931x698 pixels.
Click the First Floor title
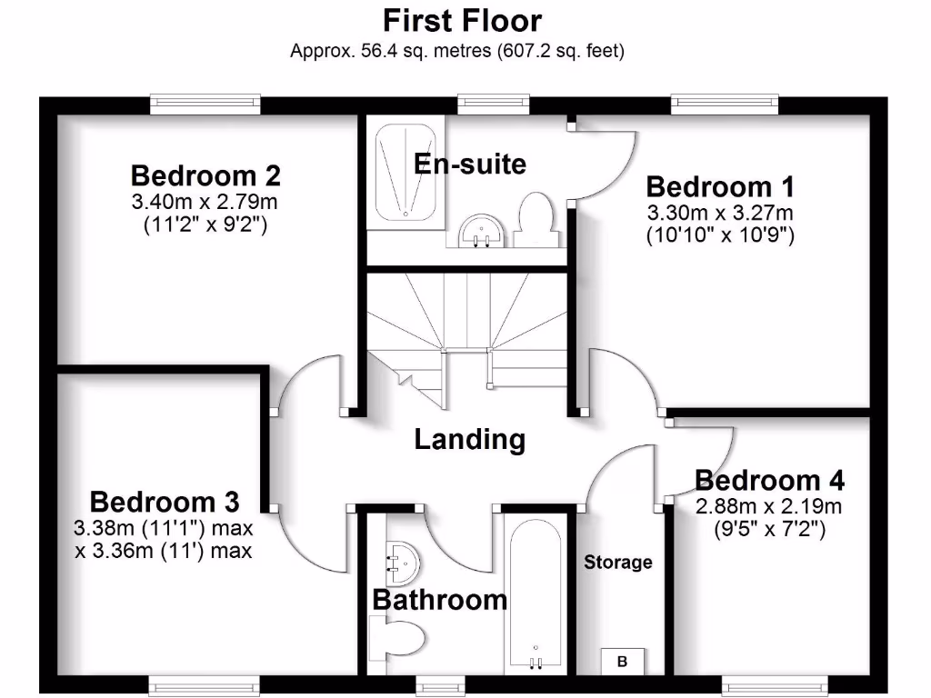tap(462, 20)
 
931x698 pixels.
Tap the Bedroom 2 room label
tap(205, 174)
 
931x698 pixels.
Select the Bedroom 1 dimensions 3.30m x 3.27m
tap(720, 213)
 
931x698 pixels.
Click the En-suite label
tap(469, 165)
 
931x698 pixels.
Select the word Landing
tap(469, 440)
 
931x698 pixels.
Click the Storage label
tap(617, 563)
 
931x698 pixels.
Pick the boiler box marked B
tap(622, 662)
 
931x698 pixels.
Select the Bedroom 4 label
tap(769, 480)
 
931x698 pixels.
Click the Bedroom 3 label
tap(165, 502)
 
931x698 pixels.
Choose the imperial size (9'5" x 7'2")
tap(769, 528)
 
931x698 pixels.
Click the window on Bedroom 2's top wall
tap(205, 105)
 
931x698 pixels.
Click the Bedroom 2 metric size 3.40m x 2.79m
tap(205, 200)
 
